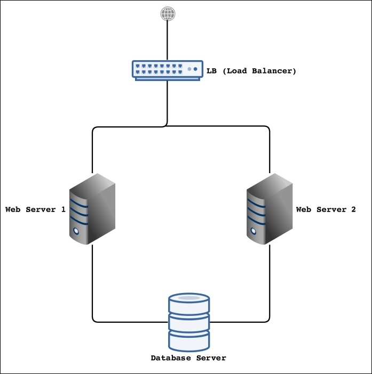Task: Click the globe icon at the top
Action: pyautogui.click(x=168, y=14)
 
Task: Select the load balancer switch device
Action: pyautogui.click(x=168, y=70)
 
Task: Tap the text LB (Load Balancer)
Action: pyautogui.click(x=251, y=70)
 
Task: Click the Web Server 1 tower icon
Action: pyautogui.click(x=93, y=209)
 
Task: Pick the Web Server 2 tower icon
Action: pyautogui.click(x=269, y=209)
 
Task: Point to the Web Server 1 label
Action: pyautogui.click(x=35, y=209)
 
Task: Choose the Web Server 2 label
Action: pyautogui.click(x=326, y=209)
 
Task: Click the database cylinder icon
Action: pyautogui.click(x=188, y=320)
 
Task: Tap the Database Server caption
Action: pyautogui.click(x=188, y=358)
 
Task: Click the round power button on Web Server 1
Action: pyautogui.click(x=76, y=232)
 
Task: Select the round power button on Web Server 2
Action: pyautogui.click(x=252, y=232)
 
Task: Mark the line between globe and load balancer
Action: pyautogui.click(x=168, y=40)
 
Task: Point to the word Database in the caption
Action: pyautogui.click(x=170, y=358)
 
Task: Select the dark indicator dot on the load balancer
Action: pyautogui.click(x=195, y=69)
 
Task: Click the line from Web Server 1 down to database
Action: pyautogui.click(x=93, y=282)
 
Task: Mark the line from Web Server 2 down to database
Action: pyautogui.click(x=269, y=282)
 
